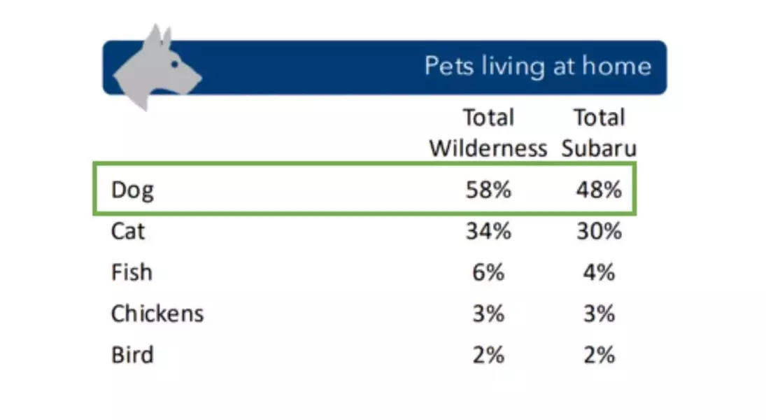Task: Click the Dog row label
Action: point(132,190)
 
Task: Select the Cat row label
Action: point(128,231)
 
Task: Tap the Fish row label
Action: point(132,272)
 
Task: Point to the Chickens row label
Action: point(157,313)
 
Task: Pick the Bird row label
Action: point(132,354)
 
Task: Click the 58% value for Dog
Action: point(488,190)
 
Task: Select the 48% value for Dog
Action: point(599,190)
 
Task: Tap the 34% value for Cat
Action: point(488,231)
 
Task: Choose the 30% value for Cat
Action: point(599,231)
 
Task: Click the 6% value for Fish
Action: point(488,272)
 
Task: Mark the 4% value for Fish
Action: point(599,272)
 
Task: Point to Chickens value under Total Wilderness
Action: point(488,313)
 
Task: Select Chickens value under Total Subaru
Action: point(599,313)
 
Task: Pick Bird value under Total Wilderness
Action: point(488,354)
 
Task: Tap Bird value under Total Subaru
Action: point(599,354)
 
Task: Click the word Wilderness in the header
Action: point(488,148)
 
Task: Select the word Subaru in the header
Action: point(599,148)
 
